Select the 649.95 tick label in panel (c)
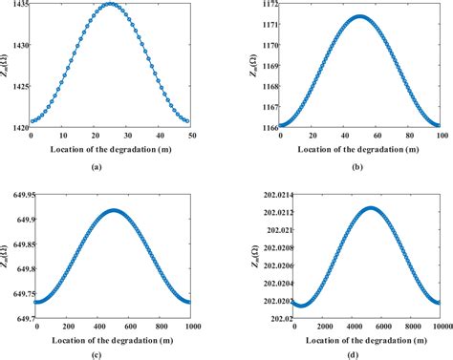point(17,195)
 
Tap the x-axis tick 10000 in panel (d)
point(439,327)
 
